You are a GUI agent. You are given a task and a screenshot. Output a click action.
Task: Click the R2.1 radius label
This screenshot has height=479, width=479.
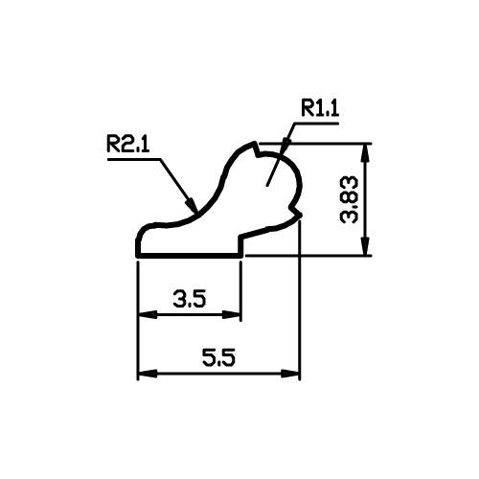pos(127,144)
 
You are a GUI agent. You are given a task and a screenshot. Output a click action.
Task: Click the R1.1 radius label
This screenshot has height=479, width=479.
pos(320,108)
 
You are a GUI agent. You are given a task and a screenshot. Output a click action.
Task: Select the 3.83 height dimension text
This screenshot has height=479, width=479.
pos(350,199)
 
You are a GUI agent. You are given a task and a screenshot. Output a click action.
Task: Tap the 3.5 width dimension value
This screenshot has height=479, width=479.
pos(190,299)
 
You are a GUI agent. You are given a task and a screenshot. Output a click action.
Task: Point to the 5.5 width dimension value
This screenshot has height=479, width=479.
pos(218,357)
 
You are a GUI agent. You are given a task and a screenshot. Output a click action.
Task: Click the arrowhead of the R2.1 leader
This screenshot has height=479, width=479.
pos(192,204)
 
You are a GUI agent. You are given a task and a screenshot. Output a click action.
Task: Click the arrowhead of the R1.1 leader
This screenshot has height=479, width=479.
pos(285,146)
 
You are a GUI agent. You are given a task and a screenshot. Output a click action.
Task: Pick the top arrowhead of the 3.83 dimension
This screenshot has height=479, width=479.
pos(366,152)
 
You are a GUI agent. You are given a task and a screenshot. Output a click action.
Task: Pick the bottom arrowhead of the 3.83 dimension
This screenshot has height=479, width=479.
pos(366,246)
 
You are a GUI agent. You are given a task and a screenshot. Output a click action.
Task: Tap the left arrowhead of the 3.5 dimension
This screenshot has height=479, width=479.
pos(148,314)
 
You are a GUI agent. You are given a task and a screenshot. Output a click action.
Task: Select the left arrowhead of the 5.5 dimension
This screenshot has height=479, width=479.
pos(148,373)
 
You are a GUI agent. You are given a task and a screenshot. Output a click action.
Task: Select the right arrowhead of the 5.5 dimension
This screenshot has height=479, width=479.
pos(290,373)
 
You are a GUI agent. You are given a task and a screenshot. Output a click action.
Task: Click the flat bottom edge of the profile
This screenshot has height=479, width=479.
pos(190,256)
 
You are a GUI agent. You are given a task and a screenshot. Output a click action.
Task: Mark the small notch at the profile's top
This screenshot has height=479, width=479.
pos(258,150)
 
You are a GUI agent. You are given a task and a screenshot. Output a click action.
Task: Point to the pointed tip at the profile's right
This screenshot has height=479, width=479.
pos(301,215)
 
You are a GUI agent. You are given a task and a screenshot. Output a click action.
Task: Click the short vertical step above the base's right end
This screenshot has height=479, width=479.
pos(241,245)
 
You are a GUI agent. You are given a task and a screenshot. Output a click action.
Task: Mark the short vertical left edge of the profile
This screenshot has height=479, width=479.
pos(138,247)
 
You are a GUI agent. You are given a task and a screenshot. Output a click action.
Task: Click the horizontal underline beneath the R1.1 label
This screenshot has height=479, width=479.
pos(315,123)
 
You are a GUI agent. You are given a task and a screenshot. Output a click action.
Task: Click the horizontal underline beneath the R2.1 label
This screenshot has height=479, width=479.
pos(134,159)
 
